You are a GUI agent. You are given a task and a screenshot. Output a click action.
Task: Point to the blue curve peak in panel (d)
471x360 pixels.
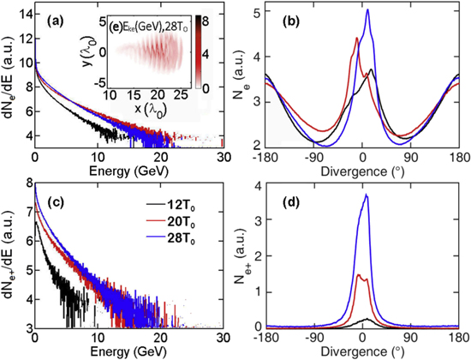pyautogui.click(x=367, y=195)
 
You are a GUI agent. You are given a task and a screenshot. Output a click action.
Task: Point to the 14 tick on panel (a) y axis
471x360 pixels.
pyautogui.click(x=24, y=10)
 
